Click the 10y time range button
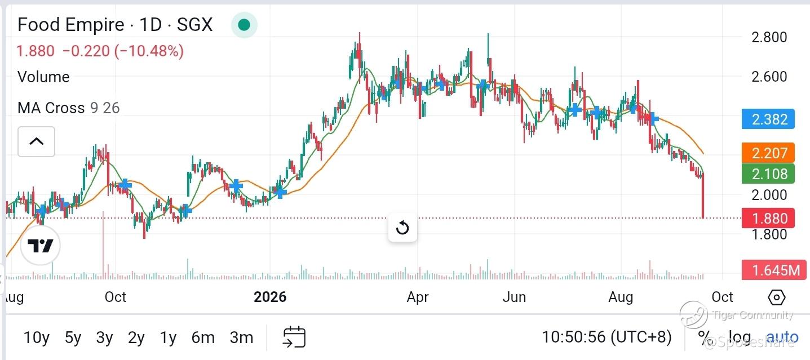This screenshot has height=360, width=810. [36, 337]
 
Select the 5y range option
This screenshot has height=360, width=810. [73, 337]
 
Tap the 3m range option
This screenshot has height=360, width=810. [241, 337]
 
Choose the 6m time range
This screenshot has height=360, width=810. [203, 337]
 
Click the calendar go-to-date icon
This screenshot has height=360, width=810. [294, 337]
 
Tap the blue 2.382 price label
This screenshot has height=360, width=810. [768, 119]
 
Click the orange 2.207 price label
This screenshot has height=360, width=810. [768, 153]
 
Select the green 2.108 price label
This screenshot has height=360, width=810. [768, 174]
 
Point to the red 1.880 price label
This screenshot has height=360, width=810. [768, 219]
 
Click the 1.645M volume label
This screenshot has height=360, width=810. [774, 270]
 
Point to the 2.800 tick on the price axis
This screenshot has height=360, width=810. [769, 37]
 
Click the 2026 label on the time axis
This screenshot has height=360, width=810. [270, 297]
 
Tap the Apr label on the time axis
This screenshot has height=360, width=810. [418, 297]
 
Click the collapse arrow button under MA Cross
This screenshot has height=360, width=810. [36, 141]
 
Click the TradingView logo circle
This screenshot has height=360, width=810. [40, 246]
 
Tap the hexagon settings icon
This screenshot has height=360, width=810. [776, 297]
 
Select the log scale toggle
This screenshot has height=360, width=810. [739, 337]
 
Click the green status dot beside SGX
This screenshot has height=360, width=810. [244, 25]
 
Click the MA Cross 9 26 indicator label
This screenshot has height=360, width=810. [68, 108]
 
